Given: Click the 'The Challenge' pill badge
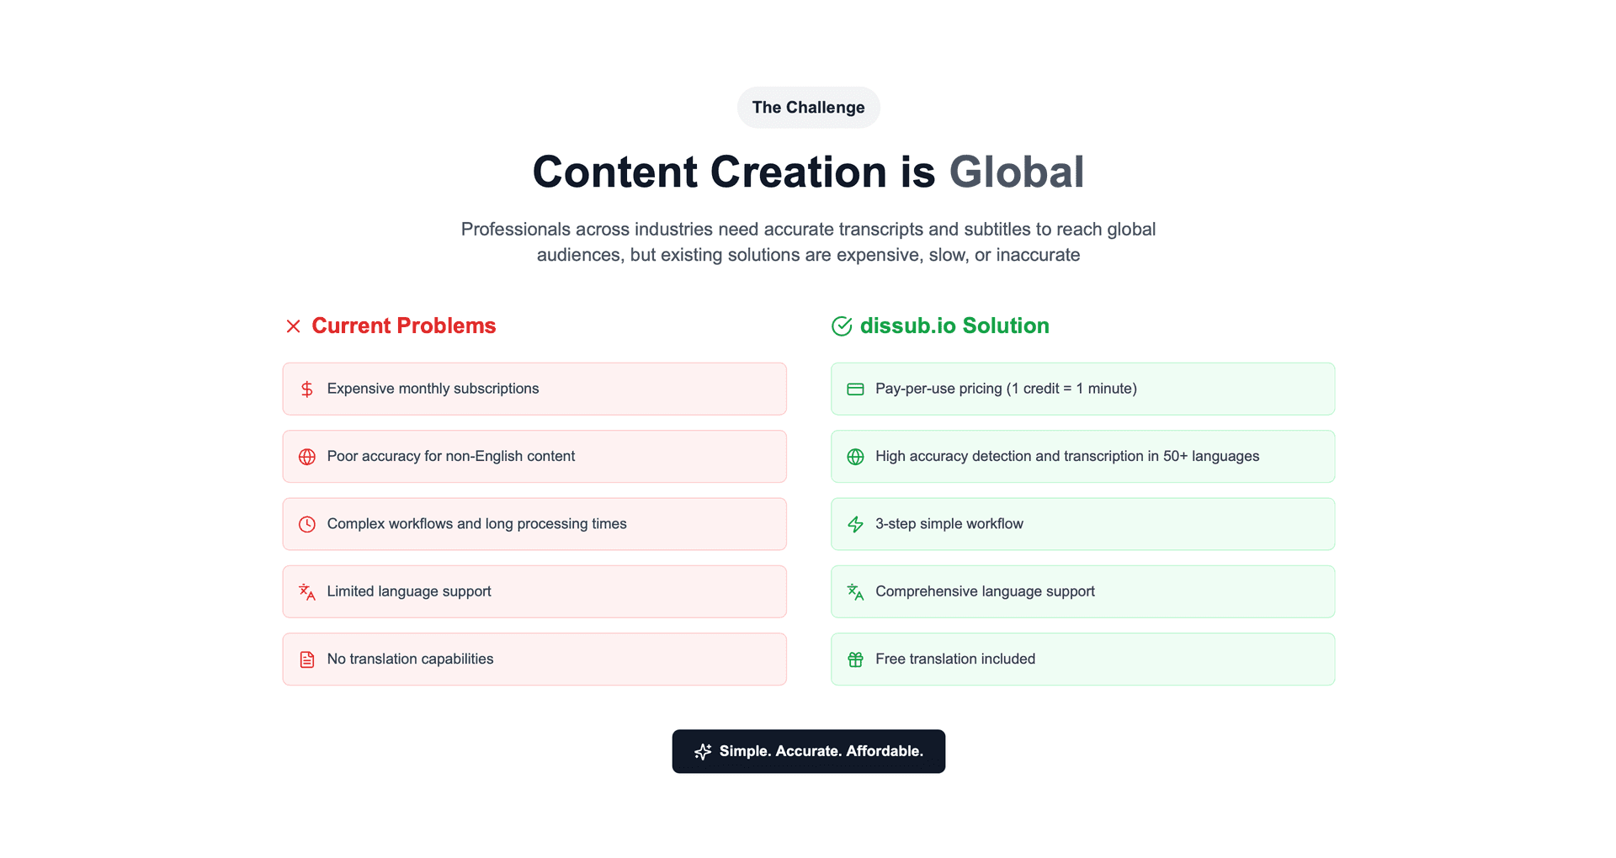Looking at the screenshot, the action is [808, 108].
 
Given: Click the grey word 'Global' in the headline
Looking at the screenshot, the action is [1017, 172].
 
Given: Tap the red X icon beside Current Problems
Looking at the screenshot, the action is [293, 326].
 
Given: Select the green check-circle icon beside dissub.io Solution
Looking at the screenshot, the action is [842, 326].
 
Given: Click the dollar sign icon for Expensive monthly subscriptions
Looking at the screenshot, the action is [307, 389].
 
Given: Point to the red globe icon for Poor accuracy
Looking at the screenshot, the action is [307, 457].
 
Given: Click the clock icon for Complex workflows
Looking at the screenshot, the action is [307, 524].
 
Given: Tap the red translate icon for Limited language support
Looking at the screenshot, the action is [307, 592].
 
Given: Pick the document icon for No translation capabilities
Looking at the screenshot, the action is [307, 659].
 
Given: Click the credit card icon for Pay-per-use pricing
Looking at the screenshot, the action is [855, 389].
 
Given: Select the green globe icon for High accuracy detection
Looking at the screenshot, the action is [855, 457].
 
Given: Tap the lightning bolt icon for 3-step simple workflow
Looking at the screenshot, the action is [855, 524].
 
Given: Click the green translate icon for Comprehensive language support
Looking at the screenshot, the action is [855, 592].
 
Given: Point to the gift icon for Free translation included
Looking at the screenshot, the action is [855, 659].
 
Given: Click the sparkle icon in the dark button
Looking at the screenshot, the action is [703, 751].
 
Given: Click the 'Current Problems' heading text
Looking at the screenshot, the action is [404, 326].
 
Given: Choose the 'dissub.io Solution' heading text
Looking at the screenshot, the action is [954, 326].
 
